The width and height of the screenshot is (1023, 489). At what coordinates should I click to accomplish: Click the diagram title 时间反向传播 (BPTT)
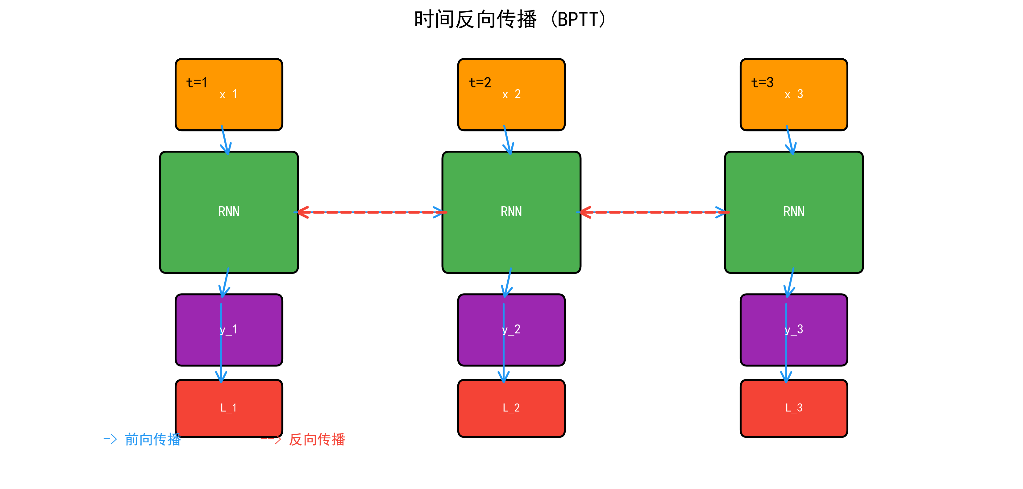510,19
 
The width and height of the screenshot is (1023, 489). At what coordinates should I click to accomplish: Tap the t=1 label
197,83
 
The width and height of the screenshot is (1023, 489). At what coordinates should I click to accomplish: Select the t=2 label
480,83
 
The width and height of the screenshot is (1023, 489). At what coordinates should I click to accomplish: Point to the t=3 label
762,83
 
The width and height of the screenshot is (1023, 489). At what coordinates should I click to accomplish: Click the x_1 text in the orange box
228,94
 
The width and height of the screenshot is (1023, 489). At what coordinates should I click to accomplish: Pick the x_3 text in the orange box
793,94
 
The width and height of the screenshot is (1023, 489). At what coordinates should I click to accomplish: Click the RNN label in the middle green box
511,211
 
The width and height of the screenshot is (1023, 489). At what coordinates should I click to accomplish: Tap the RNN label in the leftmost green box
229,211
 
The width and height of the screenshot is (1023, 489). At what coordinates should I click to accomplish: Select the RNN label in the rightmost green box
793,211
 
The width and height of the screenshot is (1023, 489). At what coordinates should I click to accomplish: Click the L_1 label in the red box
228,408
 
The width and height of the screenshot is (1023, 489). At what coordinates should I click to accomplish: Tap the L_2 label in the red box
511,408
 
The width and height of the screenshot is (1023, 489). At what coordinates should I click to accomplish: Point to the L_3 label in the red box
793,408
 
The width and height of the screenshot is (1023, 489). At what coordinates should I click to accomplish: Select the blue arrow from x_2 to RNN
508,140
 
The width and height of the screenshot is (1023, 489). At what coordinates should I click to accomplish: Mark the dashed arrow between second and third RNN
653,212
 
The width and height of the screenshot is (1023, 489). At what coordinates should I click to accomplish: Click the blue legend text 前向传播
152,439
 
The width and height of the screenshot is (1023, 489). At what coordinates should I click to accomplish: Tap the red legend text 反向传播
317,439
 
